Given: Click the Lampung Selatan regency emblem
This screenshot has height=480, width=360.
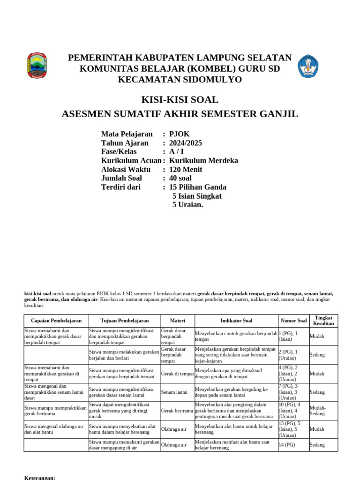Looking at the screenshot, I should (x=37, y=66).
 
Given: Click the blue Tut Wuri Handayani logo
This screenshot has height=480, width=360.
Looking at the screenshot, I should (x=308, y=66).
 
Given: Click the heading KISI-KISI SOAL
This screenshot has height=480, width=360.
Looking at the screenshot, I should (x=180, y=100).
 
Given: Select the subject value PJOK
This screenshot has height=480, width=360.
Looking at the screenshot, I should (x=180, y=134).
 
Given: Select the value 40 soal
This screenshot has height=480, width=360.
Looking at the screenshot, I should (x=180, y=178).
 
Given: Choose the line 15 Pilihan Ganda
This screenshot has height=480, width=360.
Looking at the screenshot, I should (x=198, y=187).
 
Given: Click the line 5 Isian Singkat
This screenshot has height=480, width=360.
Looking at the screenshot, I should (x=197, y=196).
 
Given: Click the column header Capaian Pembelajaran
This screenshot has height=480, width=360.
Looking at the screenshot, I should (x=56, y=321).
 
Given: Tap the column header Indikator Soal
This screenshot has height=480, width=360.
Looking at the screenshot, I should (x=236, y=321).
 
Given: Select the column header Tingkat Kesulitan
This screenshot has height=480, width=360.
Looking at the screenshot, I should (x=323, y=321).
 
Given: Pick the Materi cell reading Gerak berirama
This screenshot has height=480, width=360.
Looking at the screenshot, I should (x=177, y=410).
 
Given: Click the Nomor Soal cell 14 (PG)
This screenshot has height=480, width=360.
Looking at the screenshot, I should (x=287, y=445).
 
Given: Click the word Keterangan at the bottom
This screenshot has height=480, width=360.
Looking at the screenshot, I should (x=39, y=478).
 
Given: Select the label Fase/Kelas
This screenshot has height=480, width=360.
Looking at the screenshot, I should (x=119, y=152).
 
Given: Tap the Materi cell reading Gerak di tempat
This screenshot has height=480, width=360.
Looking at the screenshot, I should (x=177, y=374).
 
